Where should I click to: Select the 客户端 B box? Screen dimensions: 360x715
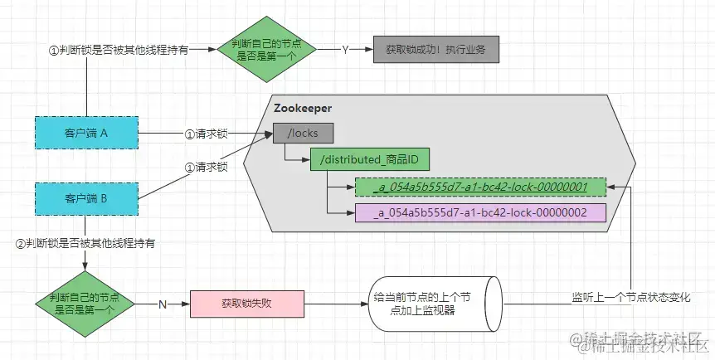pyautogui.click(x=85, y=199)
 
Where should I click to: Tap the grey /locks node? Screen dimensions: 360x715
pyautogui.click(x=301, y=133)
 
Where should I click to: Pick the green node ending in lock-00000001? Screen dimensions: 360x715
pyautogui.click(x=480, y=187)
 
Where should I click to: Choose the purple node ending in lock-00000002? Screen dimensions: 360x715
pyautogui.click(x=480, y=212)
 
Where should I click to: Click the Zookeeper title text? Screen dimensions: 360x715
pyautogui.click(x=303, y=109)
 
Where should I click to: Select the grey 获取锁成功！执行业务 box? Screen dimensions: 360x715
pyautogui.click(x=435, y=50)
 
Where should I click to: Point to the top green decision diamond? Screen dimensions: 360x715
pyautogui.click(x=266, y=50)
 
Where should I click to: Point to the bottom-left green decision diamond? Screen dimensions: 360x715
pyautogui.click(x=85, y=304)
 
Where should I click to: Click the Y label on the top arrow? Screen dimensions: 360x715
pyautogui.click(x=345, y=50)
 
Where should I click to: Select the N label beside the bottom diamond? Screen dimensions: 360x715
pyautogui.click(x=163, y=304)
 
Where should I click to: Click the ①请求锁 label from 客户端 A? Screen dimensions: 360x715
pyautogui.click(x=206, y=133)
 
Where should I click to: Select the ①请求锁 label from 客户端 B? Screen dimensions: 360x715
pyautogui.click(x=206, y=166)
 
